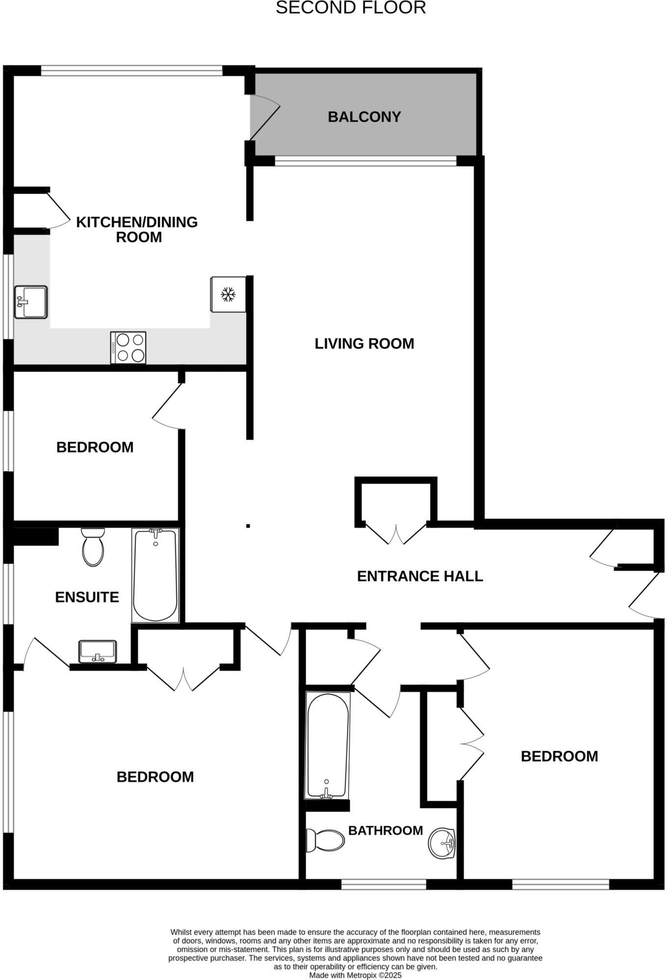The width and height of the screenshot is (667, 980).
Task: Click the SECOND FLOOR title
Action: pyautogui.click(x=350, y=8)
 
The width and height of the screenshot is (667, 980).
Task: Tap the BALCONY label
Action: pyautogui.click(x=364, y=117)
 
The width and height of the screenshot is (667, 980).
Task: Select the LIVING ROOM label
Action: pyautogui.click(x=364, y=343)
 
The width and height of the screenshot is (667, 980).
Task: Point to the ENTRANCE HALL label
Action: pyautogui.click(x=420, y=576)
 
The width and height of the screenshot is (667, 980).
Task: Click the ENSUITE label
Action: pyautogui.click(x=87, y=597)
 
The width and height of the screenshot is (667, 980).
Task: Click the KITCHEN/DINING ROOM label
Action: pyautogui.click(x=137, y=229)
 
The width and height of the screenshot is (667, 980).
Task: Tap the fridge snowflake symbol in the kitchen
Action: pyautogui.click(x=228, y=294)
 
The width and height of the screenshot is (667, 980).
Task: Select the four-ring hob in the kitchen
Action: pyautogui.click(x=128, y=348)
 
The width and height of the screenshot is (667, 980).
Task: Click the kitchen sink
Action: pyautogui.click(x=31, y=302)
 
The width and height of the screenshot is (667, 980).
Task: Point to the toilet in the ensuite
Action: pyautogui.click(x=93, y=547)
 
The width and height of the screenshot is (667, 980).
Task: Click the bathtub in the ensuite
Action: pyautogui.click(x=155, y=575)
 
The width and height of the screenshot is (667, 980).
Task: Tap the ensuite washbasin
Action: pyautogui.click(x=98, y=652)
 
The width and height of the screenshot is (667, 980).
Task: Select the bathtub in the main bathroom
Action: pyautogui.click(x=327, y=745)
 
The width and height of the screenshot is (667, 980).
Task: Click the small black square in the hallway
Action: pyautogui.click(x=248, y=526)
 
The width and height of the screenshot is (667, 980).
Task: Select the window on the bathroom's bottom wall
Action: pyautogui.click(x=384, y=884)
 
